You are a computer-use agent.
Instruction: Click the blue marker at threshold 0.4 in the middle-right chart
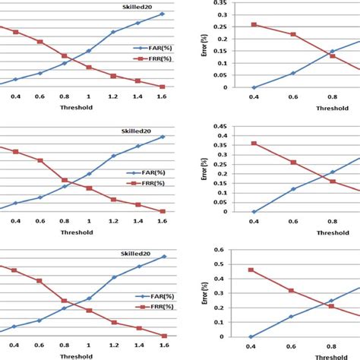[x=254, y=212]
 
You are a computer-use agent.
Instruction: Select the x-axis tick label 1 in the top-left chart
[x=88, y=96]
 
